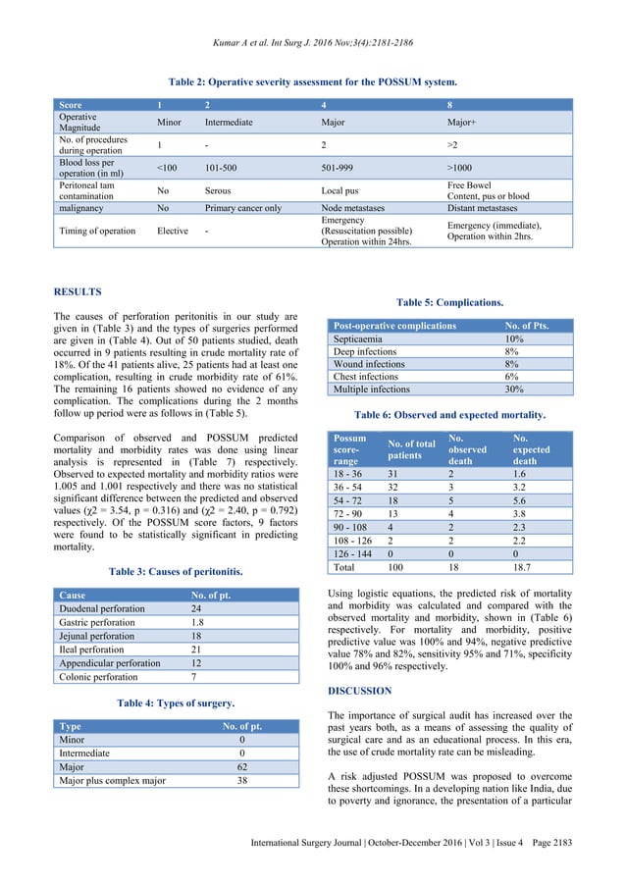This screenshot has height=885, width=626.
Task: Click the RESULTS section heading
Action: [x=78, y=291]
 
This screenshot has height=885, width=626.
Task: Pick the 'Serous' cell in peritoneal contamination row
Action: [x=218, y=188]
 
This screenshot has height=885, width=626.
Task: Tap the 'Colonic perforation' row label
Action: [x=97, y=676]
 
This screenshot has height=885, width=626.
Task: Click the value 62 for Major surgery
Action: [x=241, y=768]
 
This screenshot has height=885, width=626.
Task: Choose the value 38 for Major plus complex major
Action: [x=241, y=782]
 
